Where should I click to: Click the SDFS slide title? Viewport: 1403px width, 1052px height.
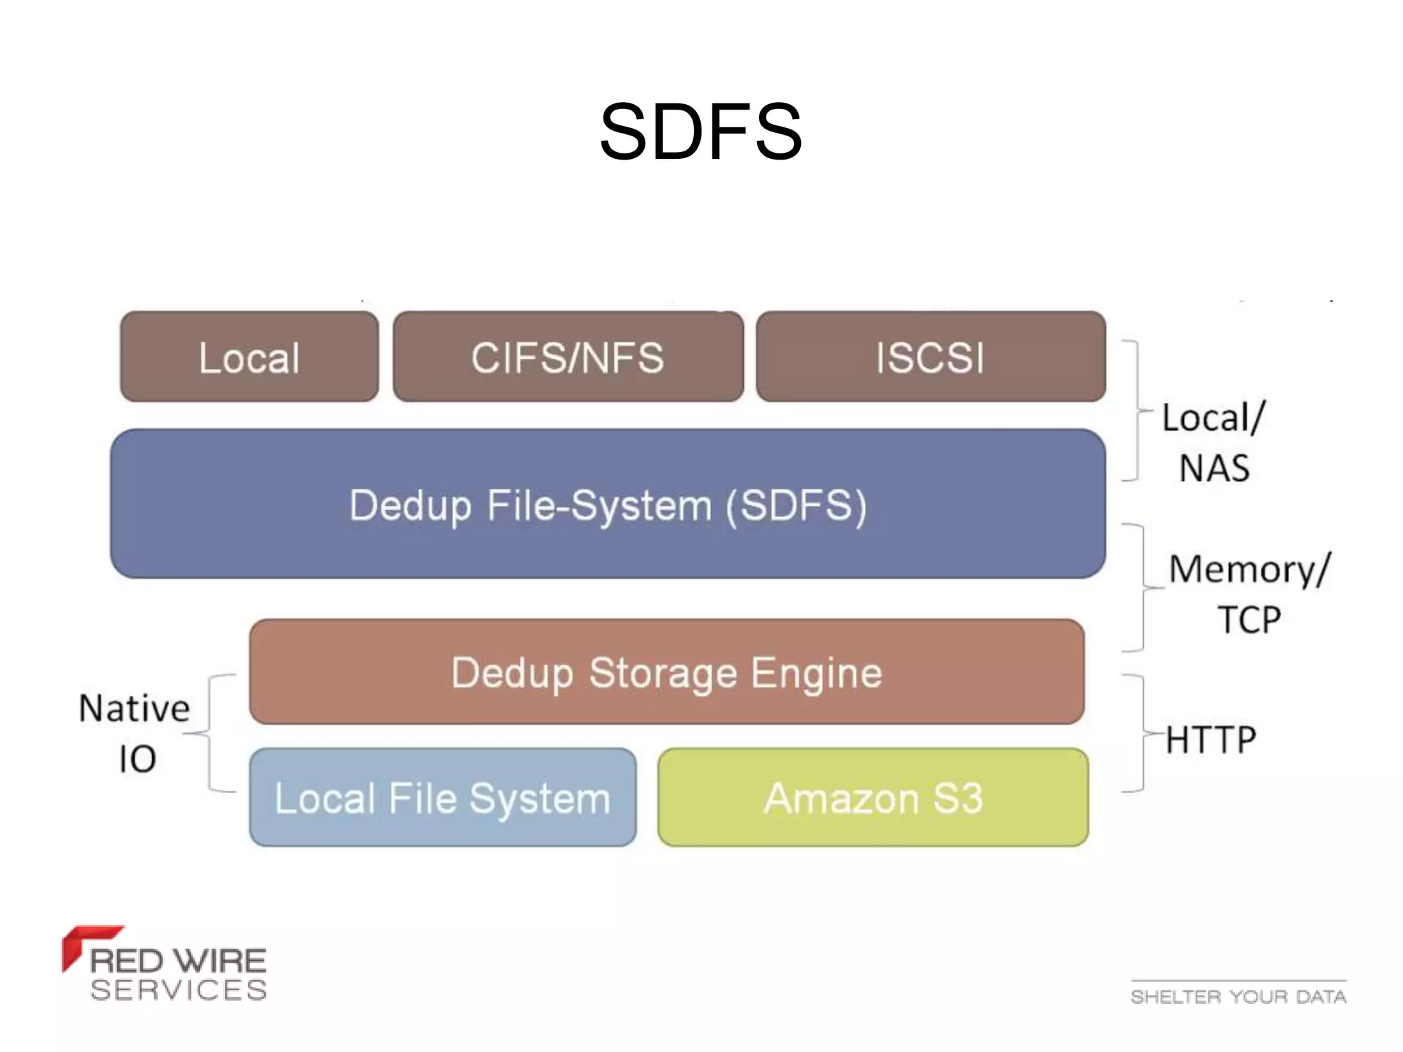point(700,131)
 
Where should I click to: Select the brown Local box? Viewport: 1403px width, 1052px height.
point(249,357)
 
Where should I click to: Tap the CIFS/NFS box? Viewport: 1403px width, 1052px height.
point(568,357)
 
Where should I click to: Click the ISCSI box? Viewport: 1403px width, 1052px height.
point(930,357)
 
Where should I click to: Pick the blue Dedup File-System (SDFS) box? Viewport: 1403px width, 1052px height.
point(608,505)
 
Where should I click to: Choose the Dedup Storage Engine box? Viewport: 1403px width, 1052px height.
point(666,672)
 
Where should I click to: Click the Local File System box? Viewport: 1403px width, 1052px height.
point(443,798)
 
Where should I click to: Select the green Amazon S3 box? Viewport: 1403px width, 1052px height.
point(873,798)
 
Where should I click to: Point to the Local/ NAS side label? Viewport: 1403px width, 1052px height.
point(1214,442)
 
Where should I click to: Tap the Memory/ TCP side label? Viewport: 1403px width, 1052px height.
point(1248,594)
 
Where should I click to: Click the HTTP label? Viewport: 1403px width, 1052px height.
point(1211,740)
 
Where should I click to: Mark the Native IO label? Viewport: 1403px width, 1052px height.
point(135,733)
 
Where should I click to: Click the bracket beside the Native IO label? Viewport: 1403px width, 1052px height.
point(210,734)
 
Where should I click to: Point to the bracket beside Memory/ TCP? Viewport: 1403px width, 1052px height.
point(1143,588)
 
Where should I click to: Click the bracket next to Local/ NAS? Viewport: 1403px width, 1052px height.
point(1137,411)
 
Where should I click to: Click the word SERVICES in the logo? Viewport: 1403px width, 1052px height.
point(178,990)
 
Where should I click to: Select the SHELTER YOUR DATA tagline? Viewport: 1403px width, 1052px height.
point(1239,997)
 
